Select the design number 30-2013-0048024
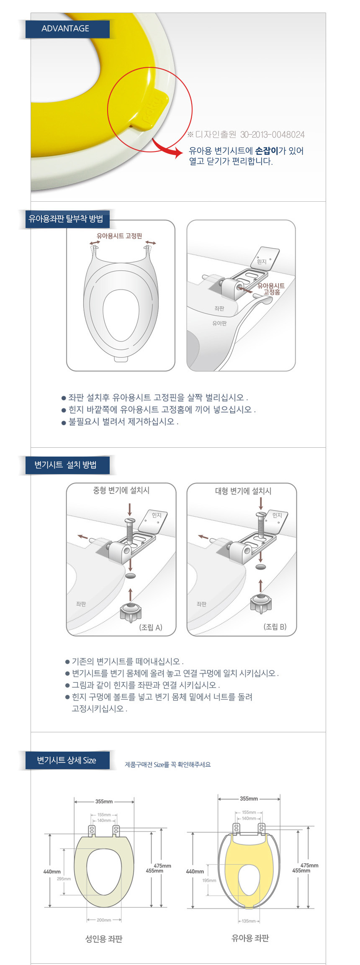coord(273,135)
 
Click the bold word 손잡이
coord(267,151)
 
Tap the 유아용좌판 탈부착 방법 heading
coord(66,219)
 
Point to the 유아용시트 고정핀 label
coord(119,236)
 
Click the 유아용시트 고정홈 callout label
coord(271,289)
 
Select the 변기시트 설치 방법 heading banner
coord(66,465)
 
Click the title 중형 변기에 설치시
coord(121,490)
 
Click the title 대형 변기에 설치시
coord(243,491)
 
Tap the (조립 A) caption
coord(151,627)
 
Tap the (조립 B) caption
coord(275,626)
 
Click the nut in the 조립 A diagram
coord(131,612)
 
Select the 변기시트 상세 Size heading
coord(67,760)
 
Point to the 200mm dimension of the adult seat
coord(104,920)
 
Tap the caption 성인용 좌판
coord(104,939)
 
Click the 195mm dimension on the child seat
coord(209,880)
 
